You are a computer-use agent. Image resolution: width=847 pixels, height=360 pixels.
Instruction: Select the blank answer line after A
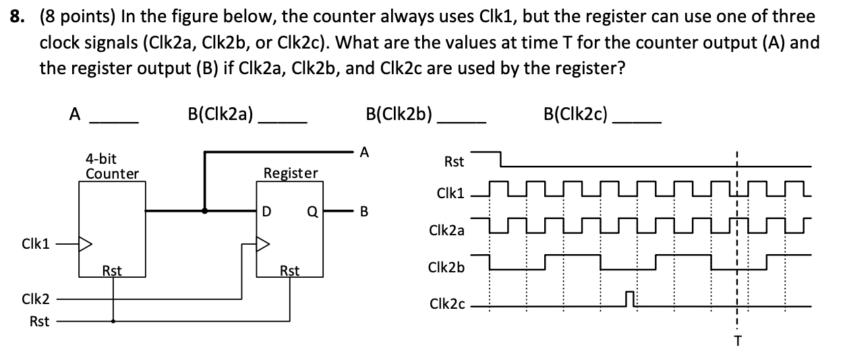point(115,122)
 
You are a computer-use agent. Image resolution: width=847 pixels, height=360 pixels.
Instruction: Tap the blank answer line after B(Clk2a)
point(284,122)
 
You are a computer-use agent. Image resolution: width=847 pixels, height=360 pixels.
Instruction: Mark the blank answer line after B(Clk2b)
point(462,122)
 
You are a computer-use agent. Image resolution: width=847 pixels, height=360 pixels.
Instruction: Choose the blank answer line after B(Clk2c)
point(637,122)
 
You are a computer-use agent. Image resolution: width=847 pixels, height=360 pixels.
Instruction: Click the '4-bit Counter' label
point(111,167)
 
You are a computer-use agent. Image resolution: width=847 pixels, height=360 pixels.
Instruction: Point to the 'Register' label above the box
point(290,173)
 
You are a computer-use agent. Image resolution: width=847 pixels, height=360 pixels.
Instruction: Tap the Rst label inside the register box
point(289,271)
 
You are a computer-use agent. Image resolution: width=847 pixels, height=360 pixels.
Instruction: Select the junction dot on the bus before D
point(205,210)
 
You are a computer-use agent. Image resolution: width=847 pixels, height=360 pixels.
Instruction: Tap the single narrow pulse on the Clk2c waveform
point(630,299)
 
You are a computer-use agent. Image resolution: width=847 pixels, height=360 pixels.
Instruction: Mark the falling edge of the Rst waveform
point(500,159)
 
